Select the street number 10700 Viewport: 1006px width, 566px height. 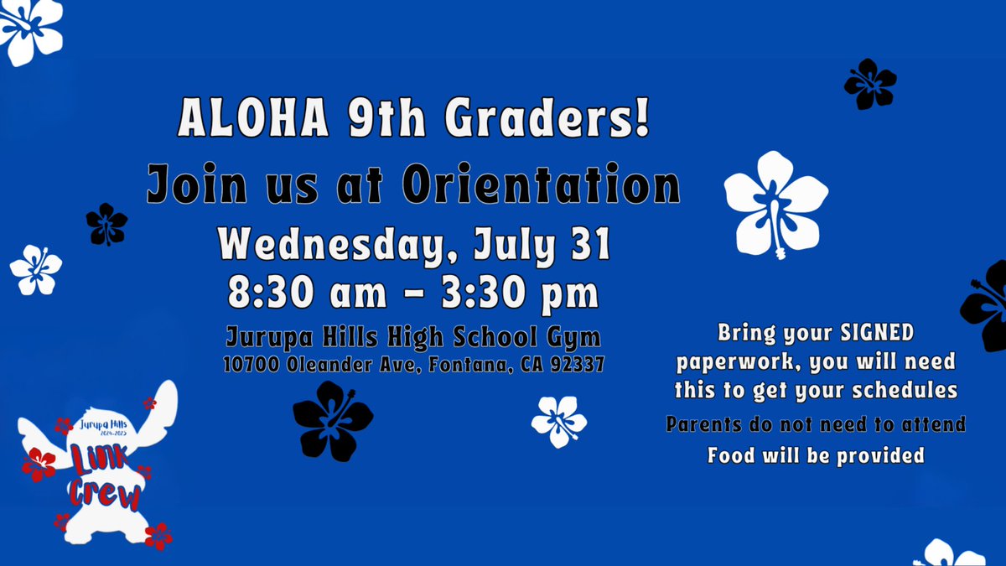(x=251, y=365)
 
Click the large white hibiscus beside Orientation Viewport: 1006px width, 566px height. (x=775, y=204)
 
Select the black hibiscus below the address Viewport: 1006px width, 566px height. (x=333, y=419)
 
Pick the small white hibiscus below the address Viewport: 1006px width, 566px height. (x=559, y=420)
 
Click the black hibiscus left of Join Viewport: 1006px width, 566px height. (x=106, y=224)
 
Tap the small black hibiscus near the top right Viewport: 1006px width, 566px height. (x=869, y=84)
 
